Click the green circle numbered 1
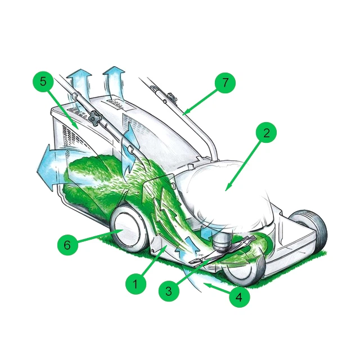click(136, 284)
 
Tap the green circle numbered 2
click(266, 133)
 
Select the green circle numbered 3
click(169, 291)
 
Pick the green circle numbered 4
click(240, 297)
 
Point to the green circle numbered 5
click(43, 82)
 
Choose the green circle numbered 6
click(67, 245)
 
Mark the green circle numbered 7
click(225, 83)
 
